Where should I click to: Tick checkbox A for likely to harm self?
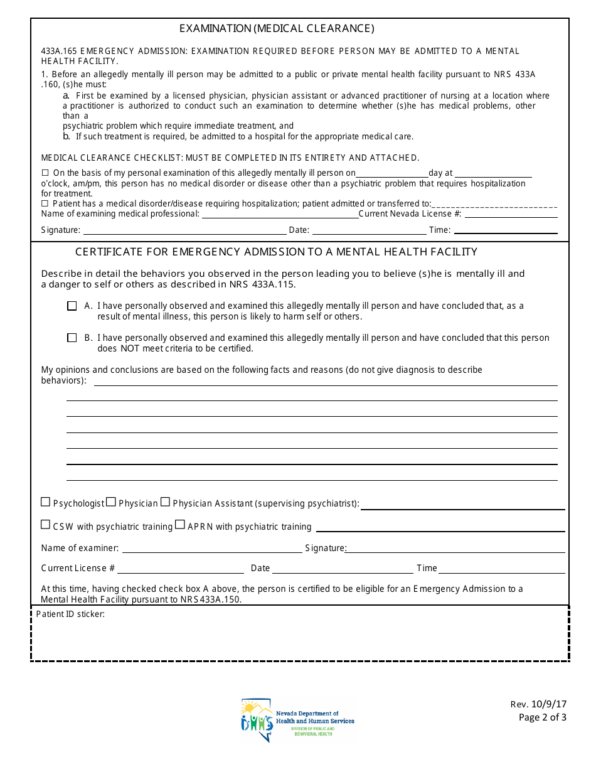(72, 306)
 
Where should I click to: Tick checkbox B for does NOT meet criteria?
(72, 338)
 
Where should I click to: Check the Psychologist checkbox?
(45, 502)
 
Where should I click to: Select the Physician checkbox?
(111, 502)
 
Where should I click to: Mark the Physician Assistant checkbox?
(165, 502)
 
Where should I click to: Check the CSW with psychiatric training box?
(45, 525)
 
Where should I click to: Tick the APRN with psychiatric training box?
(180, 525)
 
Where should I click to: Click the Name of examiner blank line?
(212, 549)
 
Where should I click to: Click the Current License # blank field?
(181, 569)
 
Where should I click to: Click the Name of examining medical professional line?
(279, 214)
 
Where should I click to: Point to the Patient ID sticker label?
(70, 614)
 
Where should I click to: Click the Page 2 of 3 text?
(542, 717)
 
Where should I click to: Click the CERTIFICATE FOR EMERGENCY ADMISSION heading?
(277, 252)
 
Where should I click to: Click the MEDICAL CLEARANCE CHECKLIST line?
(230, 158)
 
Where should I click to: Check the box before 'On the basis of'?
(45, 173)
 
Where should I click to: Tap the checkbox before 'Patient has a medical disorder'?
(45, 204)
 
